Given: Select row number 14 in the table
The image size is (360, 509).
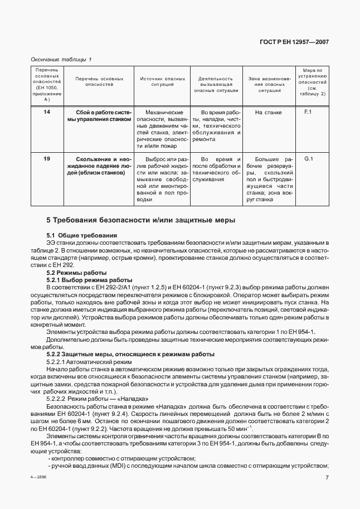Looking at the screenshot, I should [46, 113].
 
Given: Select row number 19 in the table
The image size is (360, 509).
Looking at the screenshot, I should [46, 159].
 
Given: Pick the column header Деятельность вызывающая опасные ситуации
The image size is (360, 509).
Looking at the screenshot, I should [216, 84].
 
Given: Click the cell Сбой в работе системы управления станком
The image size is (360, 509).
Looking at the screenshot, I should [99, 116].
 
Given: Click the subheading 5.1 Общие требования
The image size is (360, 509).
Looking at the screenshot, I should [81, 236].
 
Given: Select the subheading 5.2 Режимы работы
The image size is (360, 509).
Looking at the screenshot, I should [72, 273].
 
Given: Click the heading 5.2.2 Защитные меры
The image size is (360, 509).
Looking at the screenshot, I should [130, 355].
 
